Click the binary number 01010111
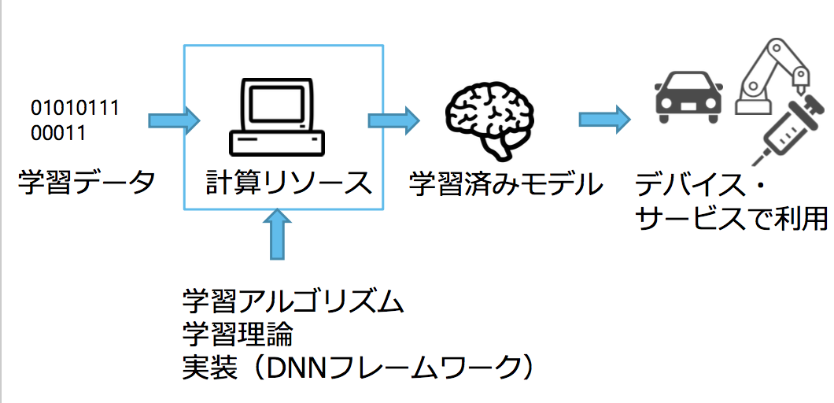pyautogui.click(x=75, y=108)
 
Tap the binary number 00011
pyautogui.click(x=58, y=133)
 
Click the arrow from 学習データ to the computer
pyautogui.click(x=174, y=120)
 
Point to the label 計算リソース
pyautogui.click(x=288, y=183)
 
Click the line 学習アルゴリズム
pyautogui.click(x=293, y=301)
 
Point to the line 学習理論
pyautogui.click(x=238, y=335)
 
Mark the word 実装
pyautogui.click(x=205, y=368)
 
